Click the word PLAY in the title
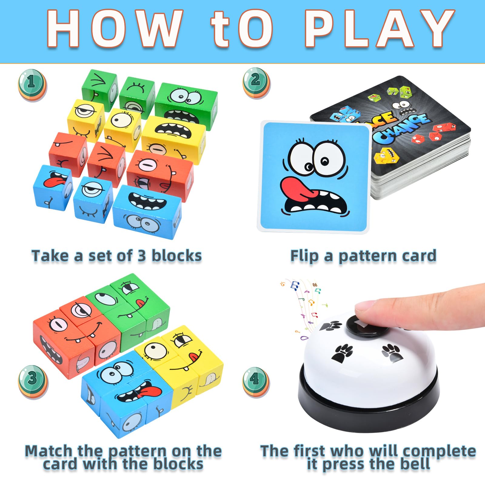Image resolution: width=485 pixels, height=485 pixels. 379,29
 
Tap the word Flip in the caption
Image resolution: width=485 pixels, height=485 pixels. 304,256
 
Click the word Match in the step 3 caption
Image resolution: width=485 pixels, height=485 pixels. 50,451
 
